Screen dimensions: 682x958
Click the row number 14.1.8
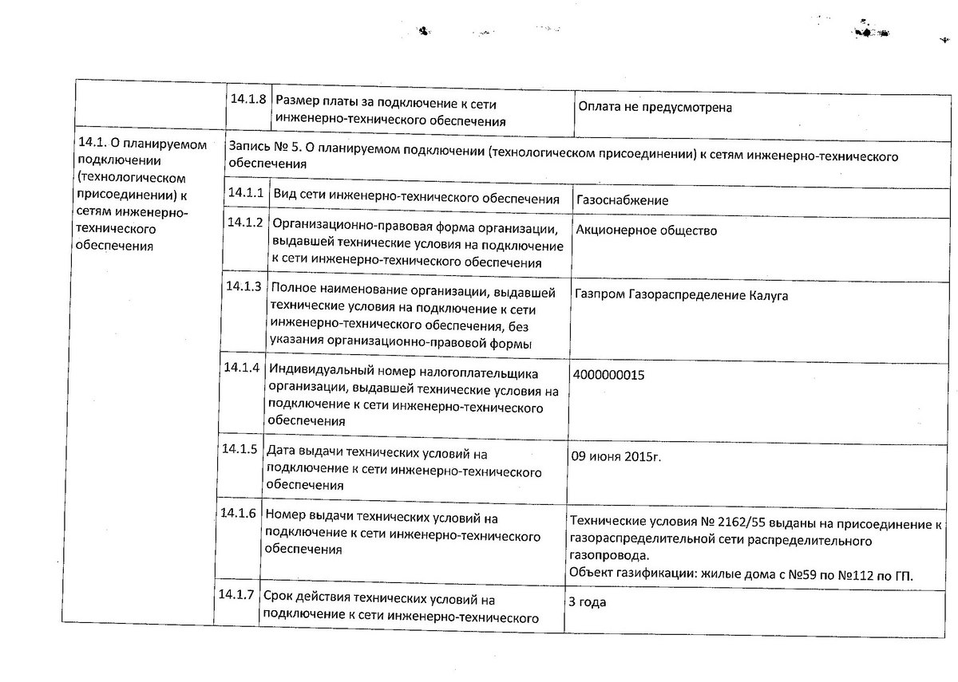click(x=247, y=101)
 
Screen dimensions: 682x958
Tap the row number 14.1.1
click(x=245, y=192)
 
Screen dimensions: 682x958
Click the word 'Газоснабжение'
click(x=622, y=200)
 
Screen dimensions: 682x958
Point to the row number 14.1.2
click(x=244, y=222)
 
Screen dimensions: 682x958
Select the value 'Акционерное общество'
click(x=645, y=231)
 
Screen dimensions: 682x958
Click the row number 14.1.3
click(x=243, y=286)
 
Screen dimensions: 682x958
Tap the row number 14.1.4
click(x=242, y=368)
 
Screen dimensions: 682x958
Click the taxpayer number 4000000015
click(x=608, y=374)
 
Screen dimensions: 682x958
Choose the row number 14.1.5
click(x=239, y=448)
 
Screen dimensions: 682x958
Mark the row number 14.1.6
click(x=238, y=513)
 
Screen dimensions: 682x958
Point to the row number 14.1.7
click(x=236, y=594)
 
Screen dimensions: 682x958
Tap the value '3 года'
click(x=587, y=602)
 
